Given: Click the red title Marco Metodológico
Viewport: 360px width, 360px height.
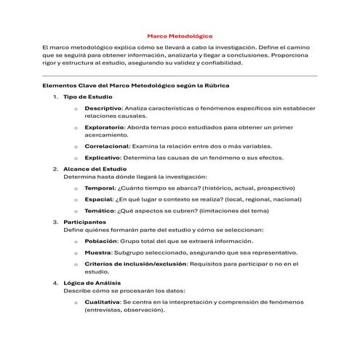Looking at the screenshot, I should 180,35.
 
